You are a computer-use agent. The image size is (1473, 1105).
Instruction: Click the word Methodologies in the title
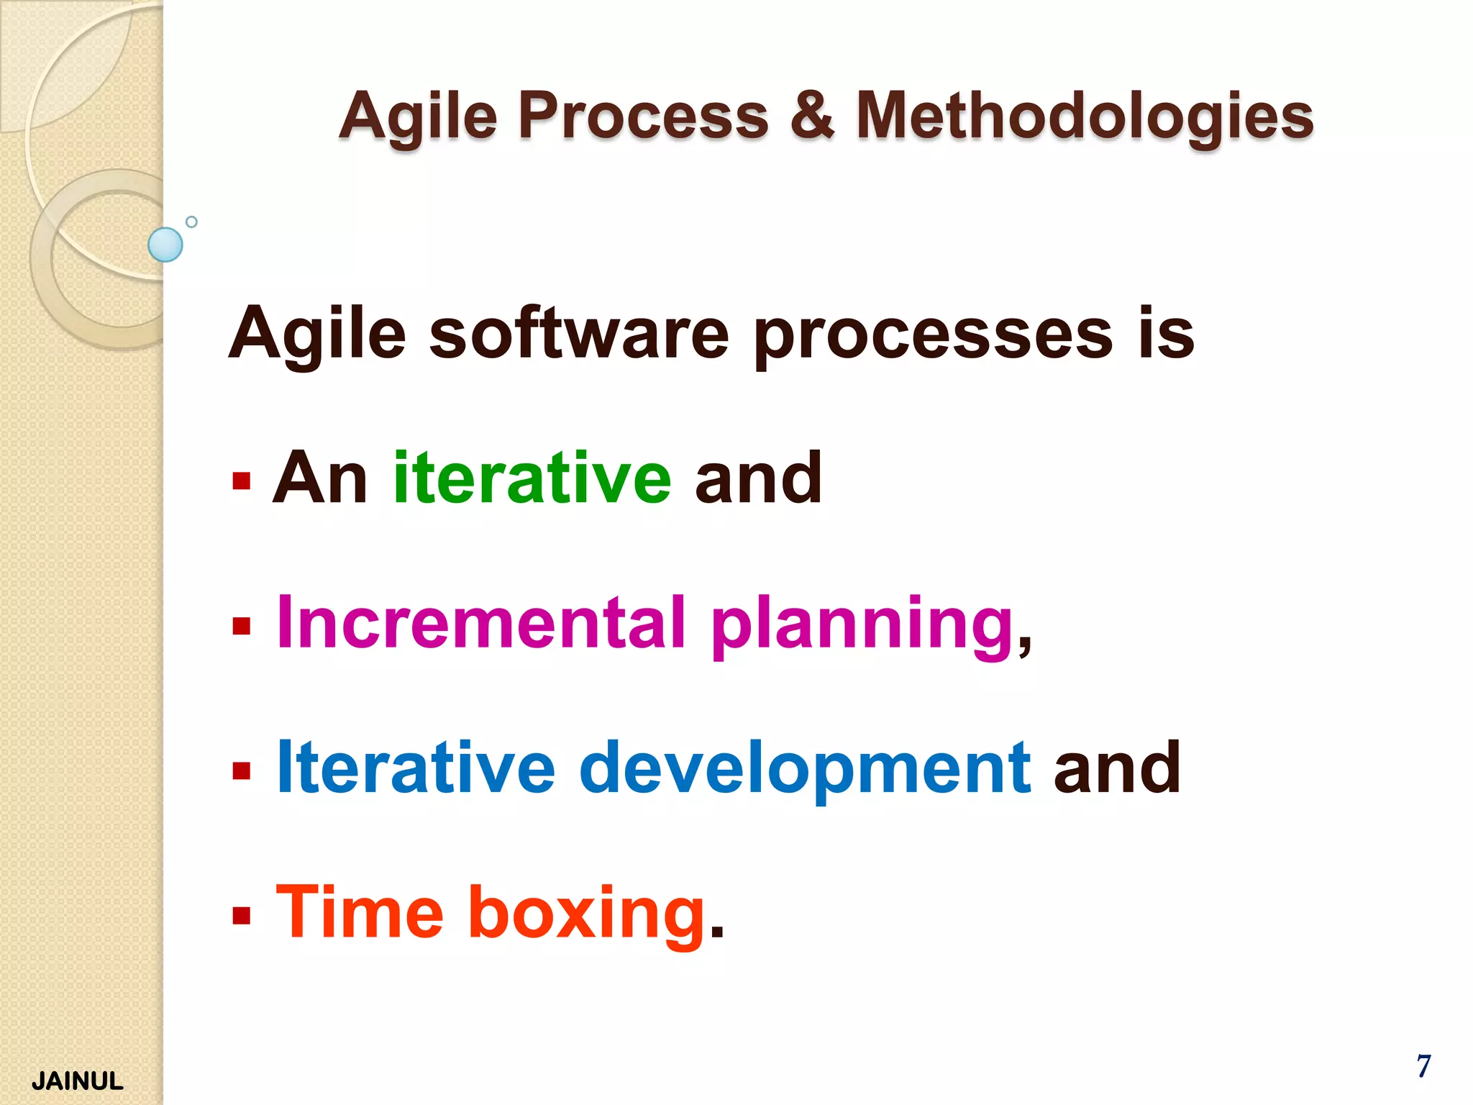1085,117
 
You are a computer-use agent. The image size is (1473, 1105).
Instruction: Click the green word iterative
532,478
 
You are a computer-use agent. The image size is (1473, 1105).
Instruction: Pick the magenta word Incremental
480,622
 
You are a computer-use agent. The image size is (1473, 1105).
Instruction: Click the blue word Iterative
416,768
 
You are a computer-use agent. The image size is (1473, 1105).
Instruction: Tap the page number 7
1423,1066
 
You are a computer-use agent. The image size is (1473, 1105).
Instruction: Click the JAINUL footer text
78,1081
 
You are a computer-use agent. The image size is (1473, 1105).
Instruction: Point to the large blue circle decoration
165,245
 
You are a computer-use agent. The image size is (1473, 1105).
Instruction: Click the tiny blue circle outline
191,222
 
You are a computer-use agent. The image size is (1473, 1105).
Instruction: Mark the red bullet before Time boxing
242,916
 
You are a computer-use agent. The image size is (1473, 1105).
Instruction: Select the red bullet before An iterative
242,481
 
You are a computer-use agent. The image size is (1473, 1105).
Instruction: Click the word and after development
1116,768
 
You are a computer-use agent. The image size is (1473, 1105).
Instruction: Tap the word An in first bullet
320,478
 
